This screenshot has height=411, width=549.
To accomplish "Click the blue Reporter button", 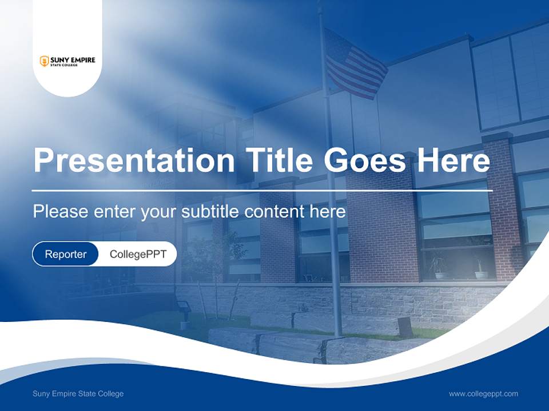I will (x=66, y=254).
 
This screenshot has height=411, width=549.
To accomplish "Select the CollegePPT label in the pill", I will (x=138, y=254).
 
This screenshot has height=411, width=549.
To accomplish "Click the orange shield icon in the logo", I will (x=44, y=61).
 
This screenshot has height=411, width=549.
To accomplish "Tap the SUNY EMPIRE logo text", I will (x=73, y=60).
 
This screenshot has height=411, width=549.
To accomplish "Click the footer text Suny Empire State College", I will (x=78, y=393).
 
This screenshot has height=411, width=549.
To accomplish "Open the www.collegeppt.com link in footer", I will (x=483, y=393).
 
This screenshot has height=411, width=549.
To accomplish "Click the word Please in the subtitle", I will (x=60, y=212).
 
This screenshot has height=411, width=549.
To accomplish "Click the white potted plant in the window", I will (x=440, y=274).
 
